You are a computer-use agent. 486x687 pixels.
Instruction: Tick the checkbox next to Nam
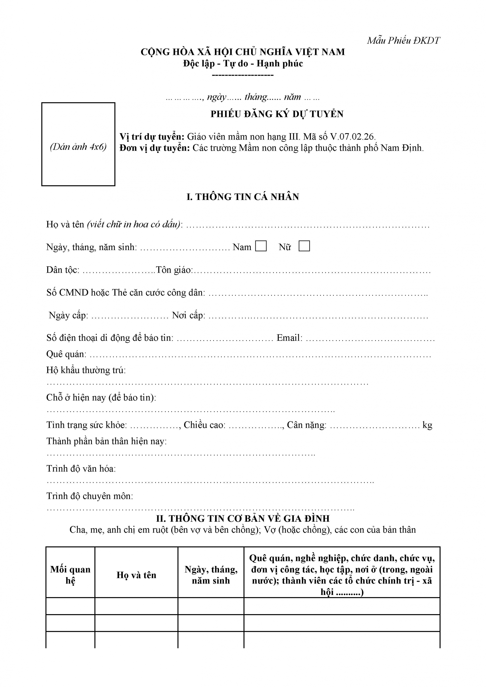click(x=261, y=246)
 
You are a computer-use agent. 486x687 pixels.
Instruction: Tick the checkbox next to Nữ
click(x=304, y=246)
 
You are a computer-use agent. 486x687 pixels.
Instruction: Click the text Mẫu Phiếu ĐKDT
click(x=403, y=41)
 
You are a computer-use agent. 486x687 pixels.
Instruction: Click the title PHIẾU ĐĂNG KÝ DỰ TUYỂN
click(x=277, y=114)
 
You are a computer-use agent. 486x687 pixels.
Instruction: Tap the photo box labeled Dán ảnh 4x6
click(x=78, y=144)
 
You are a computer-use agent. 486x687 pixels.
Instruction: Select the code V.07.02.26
click(x=353, y=137)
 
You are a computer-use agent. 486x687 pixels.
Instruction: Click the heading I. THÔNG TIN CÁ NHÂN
click(x=243, y=197)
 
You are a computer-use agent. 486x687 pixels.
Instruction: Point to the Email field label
click(x=289, y=338)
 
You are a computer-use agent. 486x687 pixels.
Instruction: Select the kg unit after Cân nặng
click(x=427, y=425)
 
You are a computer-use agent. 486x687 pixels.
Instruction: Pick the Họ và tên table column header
click(x=136, y=575)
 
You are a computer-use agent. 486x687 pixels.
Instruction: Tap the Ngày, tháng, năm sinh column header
click(x=211, y=575)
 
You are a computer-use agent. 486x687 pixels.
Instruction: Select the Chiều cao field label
click(x=204, y=425)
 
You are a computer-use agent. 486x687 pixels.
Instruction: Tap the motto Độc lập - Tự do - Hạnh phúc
click(x=243, y=64)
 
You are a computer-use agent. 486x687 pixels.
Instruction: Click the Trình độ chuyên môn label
click(x=89, y=496)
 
